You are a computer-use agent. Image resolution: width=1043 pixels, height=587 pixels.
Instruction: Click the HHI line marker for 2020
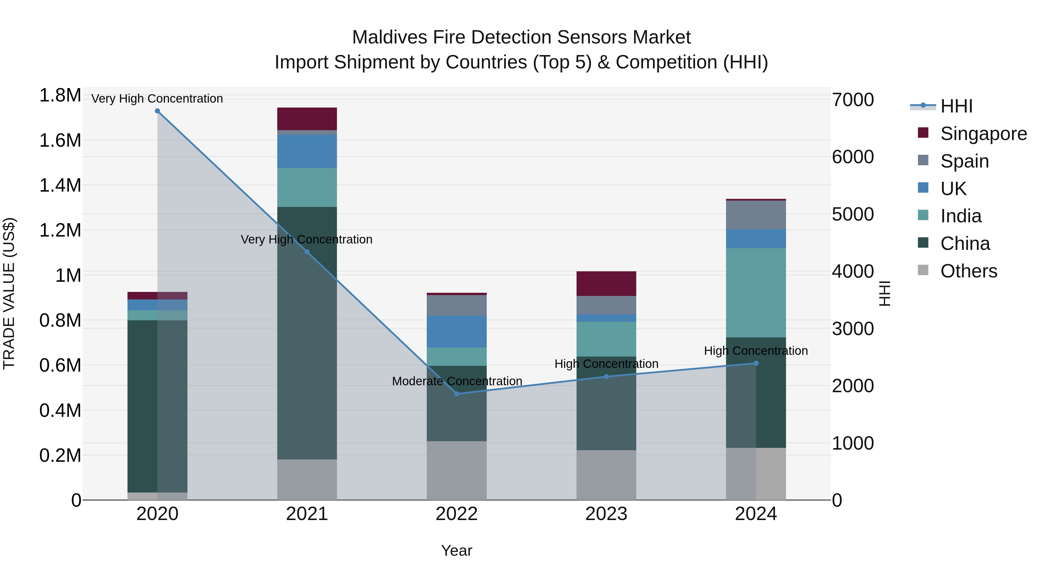click(x=158, y=111)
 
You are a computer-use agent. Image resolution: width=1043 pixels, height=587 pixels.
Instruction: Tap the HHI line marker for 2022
click(x=457, y=394)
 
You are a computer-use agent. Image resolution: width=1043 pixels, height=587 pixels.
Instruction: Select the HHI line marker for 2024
click(x=756, y=364)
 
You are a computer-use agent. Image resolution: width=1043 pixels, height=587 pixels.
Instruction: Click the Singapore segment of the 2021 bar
click(x=307, y=119)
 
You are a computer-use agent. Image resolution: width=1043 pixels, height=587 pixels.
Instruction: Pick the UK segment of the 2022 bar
click(x=457, y=332)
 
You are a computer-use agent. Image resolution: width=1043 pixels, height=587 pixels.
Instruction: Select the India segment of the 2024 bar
click(x=756, y=292)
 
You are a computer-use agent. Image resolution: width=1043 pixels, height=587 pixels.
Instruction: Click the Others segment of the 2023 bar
click(x=606, y=475)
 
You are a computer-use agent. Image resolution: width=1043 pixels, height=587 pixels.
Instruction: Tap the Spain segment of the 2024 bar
click(x=756, y=215)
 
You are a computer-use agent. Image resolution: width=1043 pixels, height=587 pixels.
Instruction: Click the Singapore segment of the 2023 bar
click(x=606, y=283)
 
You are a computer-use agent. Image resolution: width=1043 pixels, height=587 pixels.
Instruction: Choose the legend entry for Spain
click(x=965, y=161)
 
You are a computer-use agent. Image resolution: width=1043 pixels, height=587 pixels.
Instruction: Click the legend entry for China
click(x=965, y=244)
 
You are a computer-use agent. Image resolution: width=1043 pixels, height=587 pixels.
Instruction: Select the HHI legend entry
click(x=956, y=106)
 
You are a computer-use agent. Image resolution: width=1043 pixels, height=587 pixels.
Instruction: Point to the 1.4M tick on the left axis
click(x=60, y=186)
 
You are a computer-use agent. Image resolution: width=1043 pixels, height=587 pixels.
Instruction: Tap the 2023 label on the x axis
click(x=606, y=514)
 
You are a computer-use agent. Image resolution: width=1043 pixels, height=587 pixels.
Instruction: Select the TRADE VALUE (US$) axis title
click(x=9, y=293)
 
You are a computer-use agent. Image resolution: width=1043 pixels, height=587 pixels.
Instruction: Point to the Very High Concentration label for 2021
click(x=307, y=239)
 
